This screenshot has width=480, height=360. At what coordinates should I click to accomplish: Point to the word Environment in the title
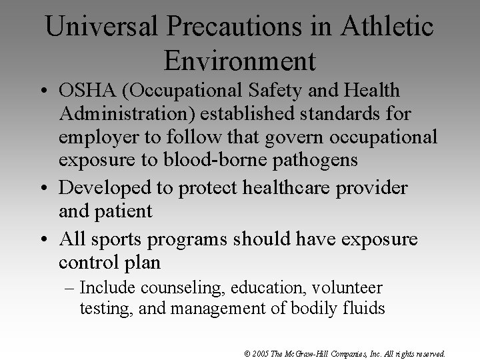tap(239, 61)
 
